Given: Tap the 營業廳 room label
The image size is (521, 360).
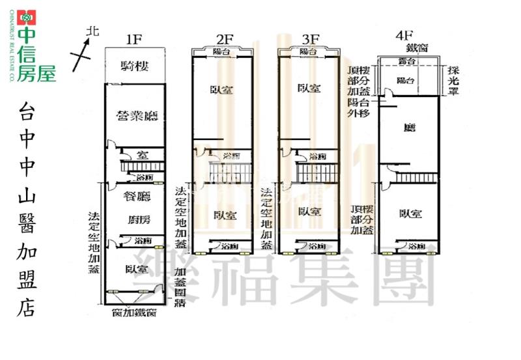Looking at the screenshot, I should pyautogui.click(x=138, y=117).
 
